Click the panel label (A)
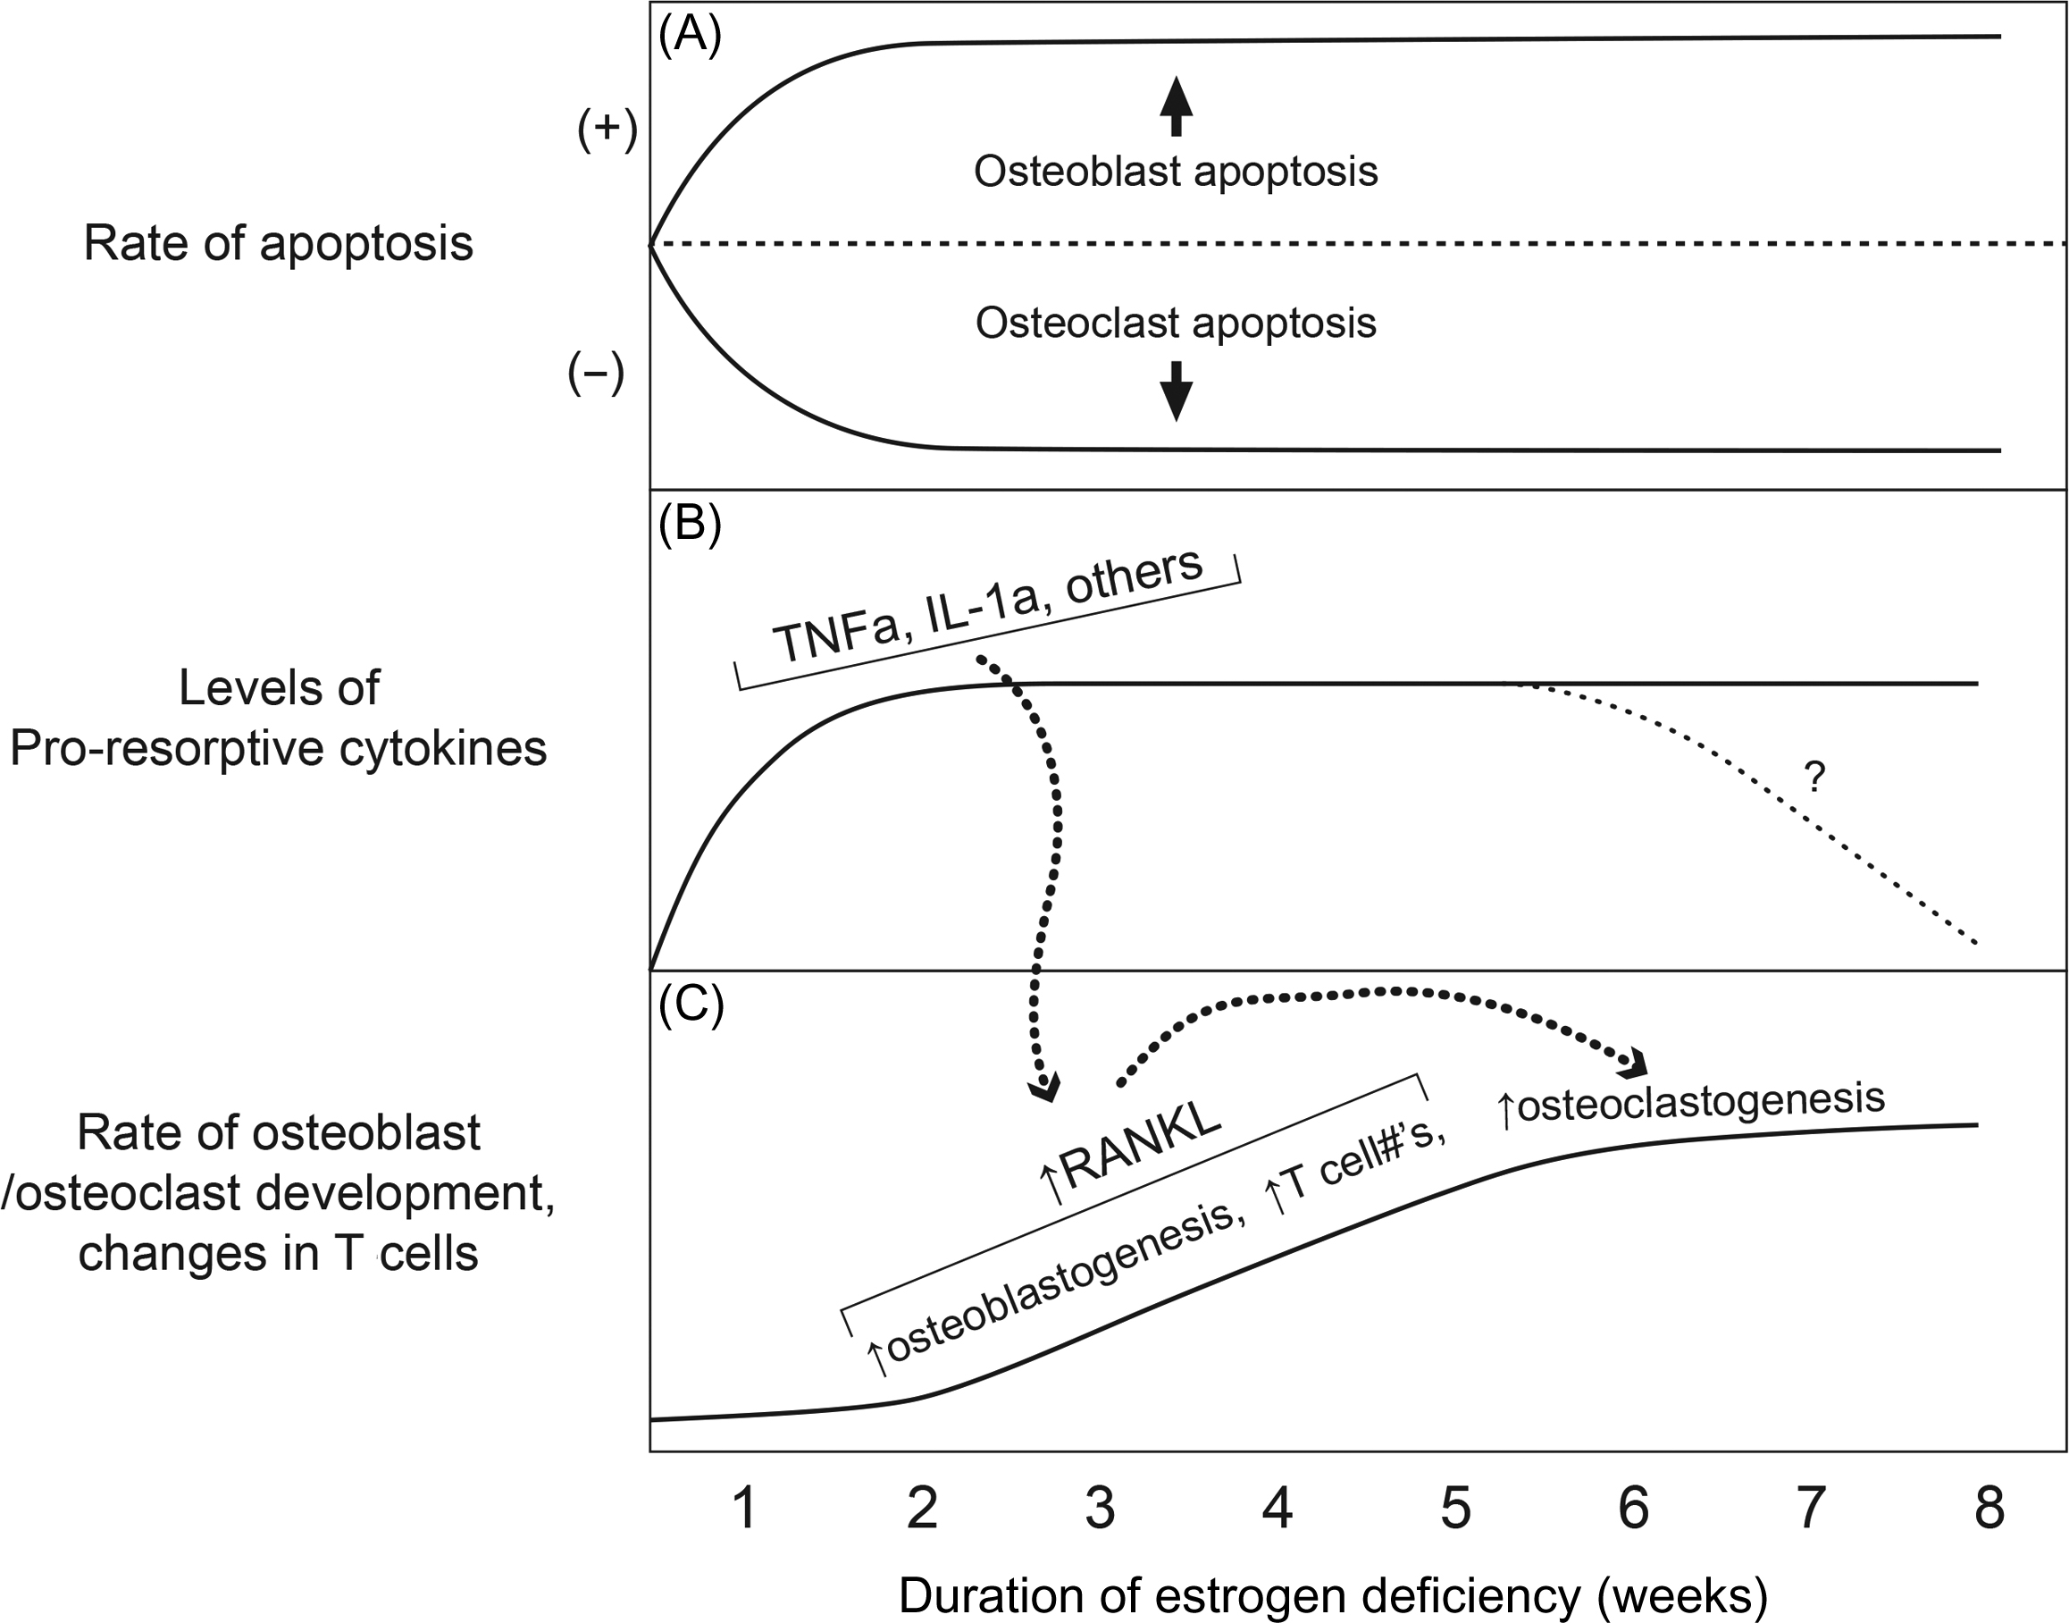pyautogui.click(x=690, y=34)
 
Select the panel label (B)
pyautogui.click(x=690, y=522)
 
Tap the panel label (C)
pyautogui.click(x=691, y=1005)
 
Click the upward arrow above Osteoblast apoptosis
pyautogui.click(x=1176, y=105)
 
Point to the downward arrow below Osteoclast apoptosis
pyautogui.click(x=1176, y=390)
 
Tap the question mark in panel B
pyautogui.click(x=1814, y=778)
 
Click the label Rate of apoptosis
pyautogui.click(x=279, y=243)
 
